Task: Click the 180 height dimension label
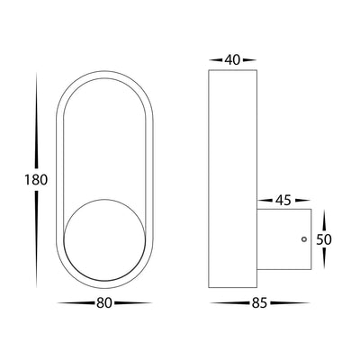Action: click(x=36, y=180)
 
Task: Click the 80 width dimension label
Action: click(x=104, y=303)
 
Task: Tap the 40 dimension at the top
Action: click(x=232, y=60)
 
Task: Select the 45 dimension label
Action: click(x=283, y=201)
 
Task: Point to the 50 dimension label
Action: click(x=324, y=239)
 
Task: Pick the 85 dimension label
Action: click(x=259, y=303)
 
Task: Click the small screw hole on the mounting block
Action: click(x=304, y=239)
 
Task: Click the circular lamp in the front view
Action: click(x=105, y=240)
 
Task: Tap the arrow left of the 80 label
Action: click(x=76, y=303)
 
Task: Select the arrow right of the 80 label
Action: click(x=132, y=303)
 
